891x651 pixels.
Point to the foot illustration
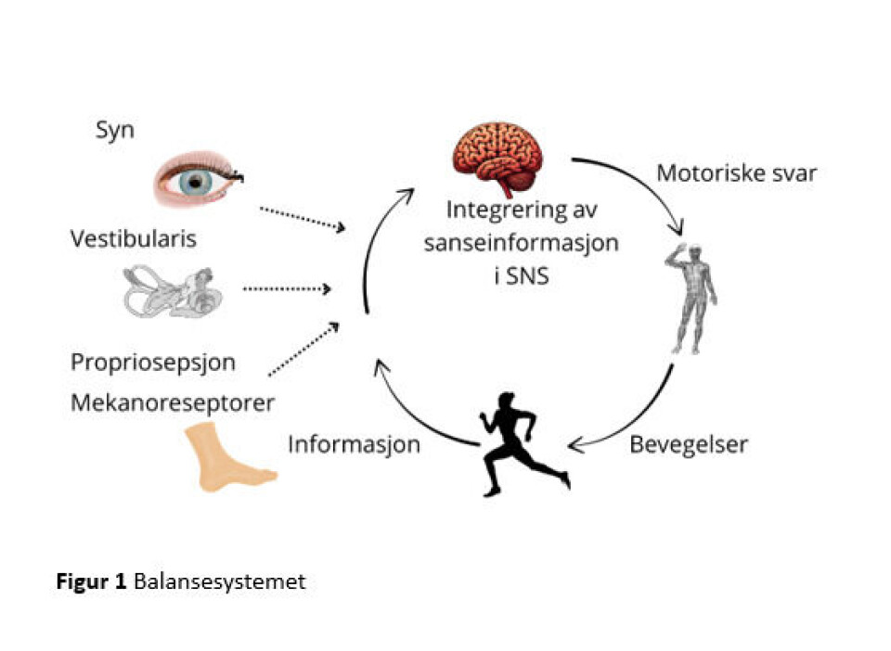pos(228,456)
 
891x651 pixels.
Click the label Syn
pos(115,130)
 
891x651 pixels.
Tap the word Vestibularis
pos(134,239)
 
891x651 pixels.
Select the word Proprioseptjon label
pos(152,362)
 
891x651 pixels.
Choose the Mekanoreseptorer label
pos(172,403)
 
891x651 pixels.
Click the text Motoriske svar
pos(736,173)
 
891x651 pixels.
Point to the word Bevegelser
pos(689,443)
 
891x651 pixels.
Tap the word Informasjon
pos(354,444)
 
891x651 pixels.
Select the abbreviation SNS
pos(527,275)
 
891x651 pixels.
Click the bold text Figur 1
pos(91,582)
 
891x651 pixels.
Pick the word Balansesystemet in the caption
pos(219,582)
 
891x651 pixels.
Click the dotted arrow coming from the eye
pos(303,219)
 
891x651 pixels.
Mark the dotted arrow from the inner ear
pos(287,289)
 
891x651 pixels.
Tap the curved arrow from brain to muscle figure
pos(640,181)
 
